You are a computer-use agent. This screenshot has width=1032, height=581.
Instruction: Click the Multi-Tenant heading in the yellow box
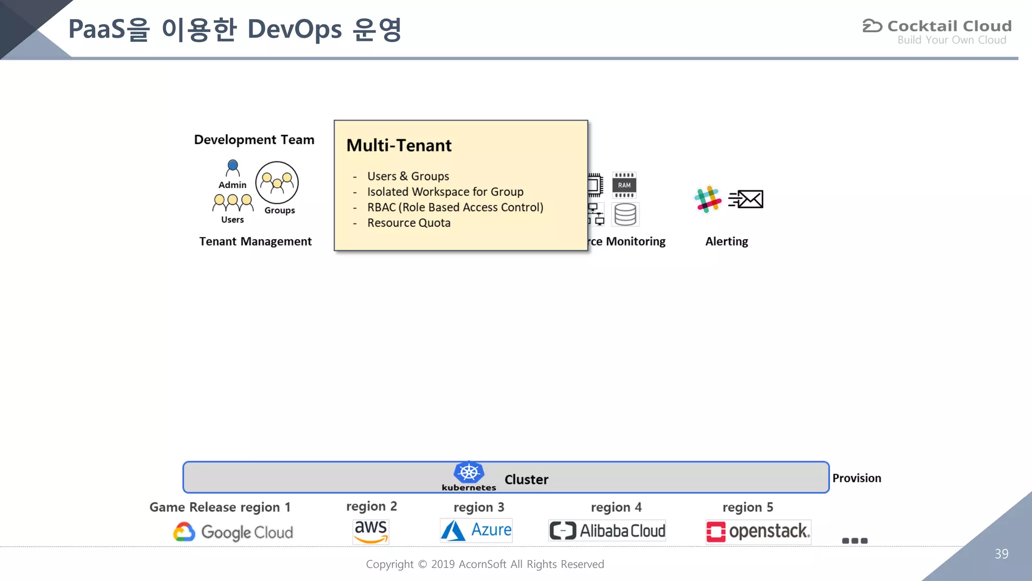pyautogui.click(x=399, y=146)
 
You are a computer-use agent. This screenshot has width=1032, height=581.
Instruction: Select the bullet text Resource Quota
pyautogui.click(x=409, y=223)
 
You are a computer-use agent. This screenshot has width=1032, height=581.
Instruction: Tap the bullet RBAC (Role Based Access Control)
pyautogui.click(x=455, y=207)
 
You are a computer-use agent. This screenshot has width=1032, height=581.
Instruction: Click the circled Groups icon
pyautogui.click(x=277, y=183)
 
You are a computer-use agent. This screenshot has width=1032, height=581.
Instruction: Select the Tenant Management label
pyautogui.click(x=255, y=242)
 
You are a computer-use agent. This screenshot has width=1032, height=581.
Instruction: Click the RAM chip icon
pyautogui.click(x=624, y=185)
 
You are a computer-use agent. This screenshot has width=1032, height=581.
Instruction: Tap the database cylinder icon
pyautogui.click(x=625, y=214)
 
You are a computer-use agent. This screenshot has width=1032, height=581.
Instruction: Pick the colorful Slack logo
pyautogui.click(x=707, y=199)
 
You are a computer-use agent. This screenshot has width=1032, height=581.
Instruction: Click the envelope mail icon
pyautogui.click(x=747, y=199)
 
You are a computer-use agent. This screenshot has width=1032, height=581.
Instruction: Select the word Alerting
pyautogui.click(x=726, y=242)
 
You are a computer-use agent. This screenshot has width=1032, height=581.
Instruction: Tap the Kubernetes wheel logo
pyautogui.click(x=469, y=473)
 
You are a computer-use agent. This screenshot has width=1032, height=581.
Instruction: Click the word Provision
pyautogui.click(x=856, y=478)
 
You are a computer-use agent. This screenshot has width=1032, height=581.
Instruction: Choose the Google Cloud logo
pyautogui.click(x=233, y=532)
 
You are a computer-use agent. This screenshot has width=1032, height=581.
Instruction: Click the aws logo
pyautogui.click(x=370, y=531)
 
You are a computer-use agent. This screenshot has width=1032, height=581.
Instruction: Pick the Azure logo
pyautogui.click(x=476, y=531)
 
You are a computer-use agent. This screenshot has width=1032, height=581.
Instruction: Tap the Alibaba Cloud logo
pyautogui.click(x=607, y=531)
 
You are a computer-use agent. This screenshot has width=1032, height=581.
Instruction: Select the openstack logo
pyautogui.click(x=758, y=532)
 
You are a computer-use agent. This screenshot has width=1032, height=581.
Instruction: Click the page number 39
pyautogui.click(x=1001, y=554)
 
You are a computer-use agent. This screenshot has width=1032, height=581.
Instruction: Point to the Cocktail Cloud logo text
pyautogui.click(x=949, y=26)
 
